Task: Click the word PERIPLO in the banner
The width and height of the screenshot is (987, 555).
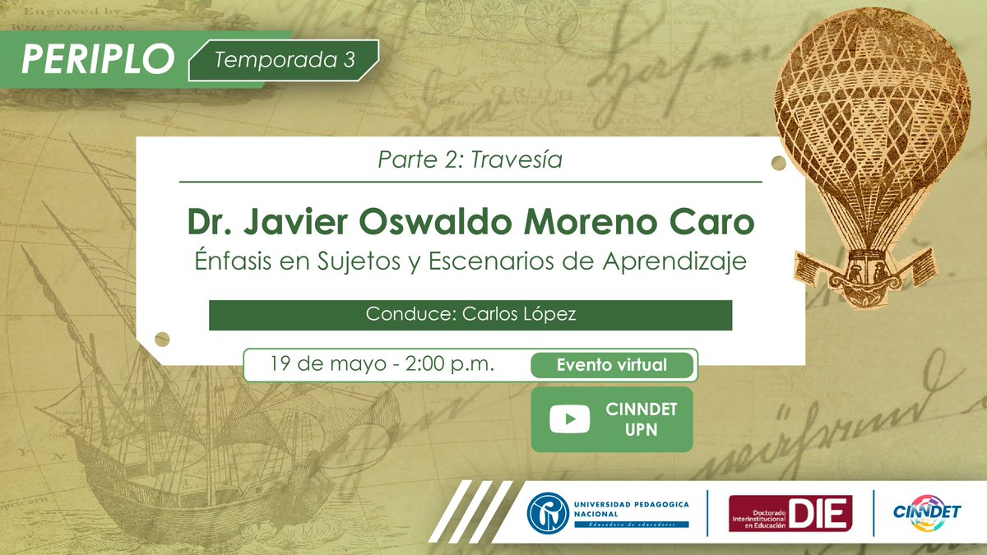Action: click(98, 58)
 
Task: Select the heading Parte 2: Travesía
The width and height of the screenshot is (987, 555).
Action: click(470, 160)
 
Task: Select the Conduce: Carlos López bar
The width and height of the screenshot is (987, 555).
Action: click(470, 315)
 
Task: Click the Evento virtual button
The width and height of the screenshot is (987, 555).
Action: click(611, 365)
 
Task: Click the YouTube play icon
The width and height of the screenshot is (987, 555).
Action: click(569, 419)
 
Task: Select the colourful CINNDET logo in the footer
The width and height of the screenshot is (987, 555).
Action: click(927, 511)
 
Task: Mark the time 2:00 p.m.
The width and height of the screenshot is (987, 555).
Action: click(450, 363)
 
